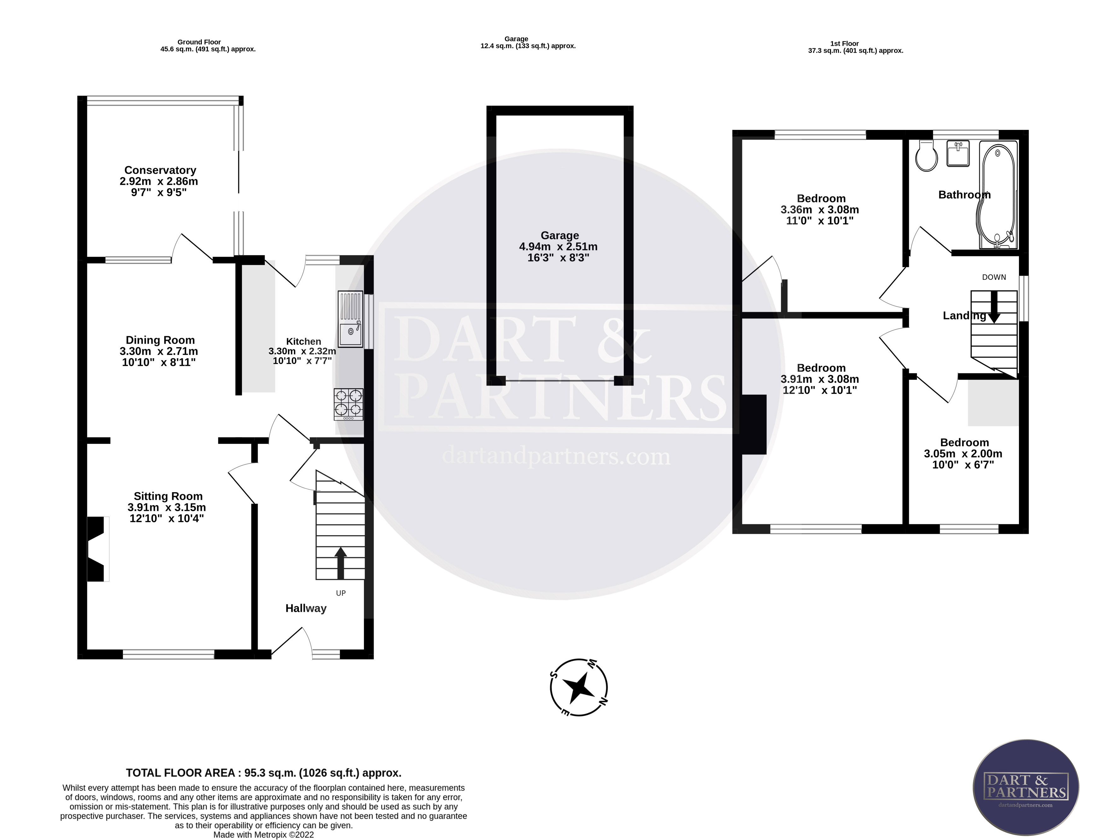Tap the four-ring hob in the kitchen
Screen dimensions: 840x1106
click(348, 404)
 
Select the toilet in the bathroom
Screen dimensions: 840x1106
click(927, 156)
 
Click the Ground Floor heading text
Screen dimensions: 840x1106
click(199, 42)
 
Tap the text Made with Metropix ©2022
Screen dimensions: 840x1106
click(264, 835)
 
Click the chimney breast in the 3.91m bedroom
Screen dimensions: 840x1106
click(754, 424)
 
